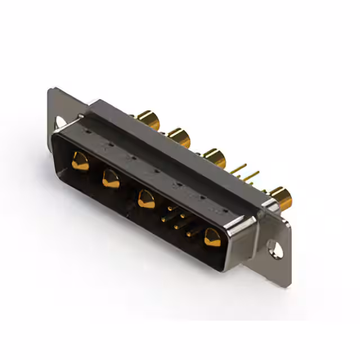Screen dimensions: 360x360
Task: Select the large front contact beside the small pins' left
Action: pos(146,199)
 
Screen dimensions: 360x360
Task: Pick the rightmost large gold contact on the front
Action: pos(213,237)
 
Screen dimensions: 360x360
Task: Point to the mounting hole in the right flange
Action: pos(275,247)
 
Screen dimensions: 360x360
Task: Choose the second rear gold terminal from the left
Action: pos(179,137)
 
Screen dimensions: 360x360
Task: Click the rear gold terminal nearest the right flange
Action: pos(281,197)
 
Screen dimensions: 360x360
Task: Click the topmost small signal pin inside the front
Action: pos(171,209)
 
